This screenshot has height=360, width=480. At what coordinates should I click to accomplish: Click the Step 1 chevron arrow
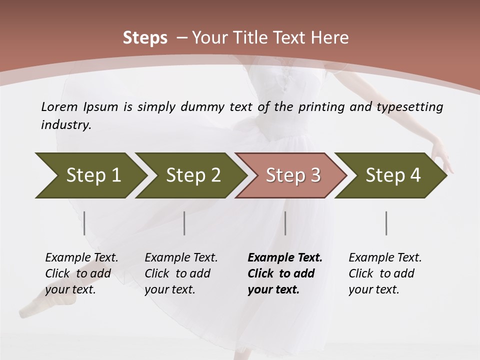[x=90, y=175]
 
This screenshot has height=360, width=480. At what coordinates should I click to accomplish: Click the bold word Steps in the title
[x=145, y=37]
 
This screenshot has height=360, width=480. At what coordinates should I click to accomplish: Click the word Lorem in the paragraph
[x=59, y=107]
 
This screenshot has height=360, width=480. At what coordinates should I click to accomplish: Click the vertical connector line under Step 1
[x=84, y=223]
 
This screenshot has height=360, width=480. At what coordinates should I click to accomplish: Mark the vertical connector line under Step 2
[x=184, y=223]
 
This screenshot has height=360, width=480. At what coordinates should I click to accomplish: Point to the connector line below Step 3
[x=285, y=223]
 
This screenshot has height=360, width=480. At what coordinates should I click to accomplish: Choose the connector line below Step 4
[x=386, y=223]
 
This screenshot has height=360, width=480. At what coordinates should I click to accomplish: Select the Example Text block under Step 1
[x=81, y=273]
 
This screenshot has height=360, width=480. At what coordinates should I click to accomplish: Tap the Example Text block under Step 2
[x=181, y=273]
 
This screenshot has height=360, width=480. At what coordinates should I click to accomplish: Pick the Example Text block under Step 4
[x=385, y=273]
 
